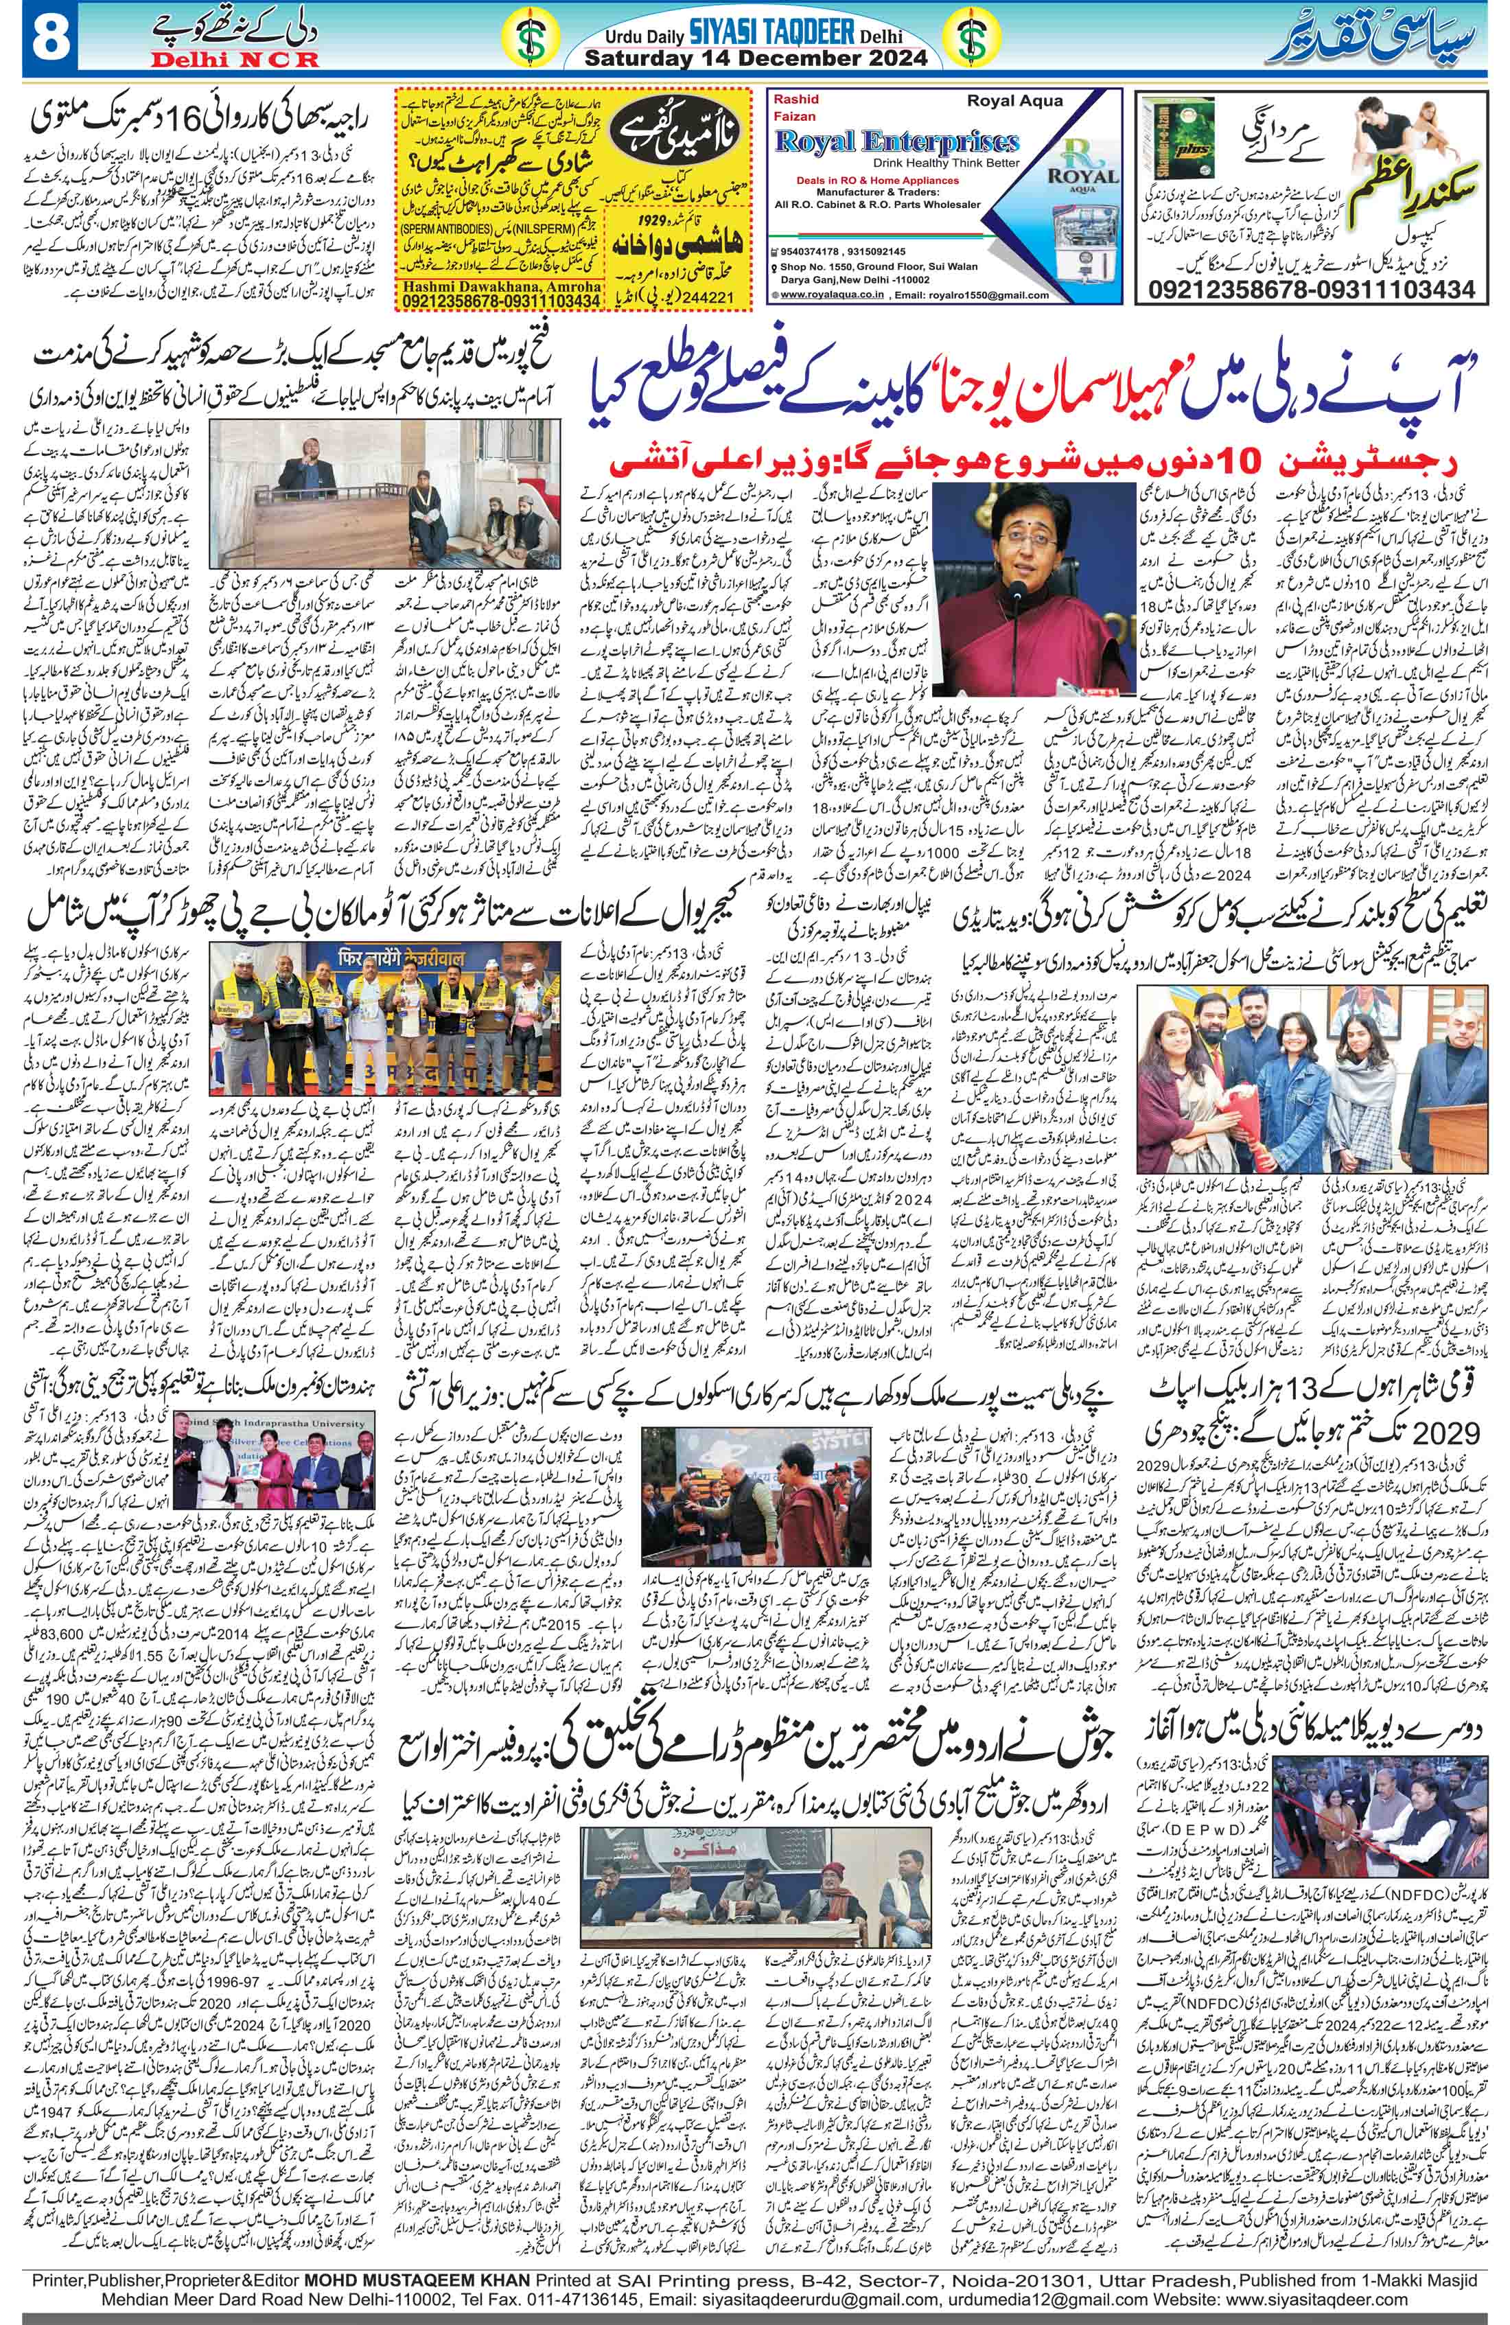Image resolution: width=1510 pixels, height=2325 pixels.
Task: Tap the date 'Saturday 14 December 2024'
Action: tap(755, 58)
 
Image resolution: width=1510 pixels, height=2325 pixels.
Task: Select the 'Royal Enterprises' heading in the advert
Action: tap(896, 141)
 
